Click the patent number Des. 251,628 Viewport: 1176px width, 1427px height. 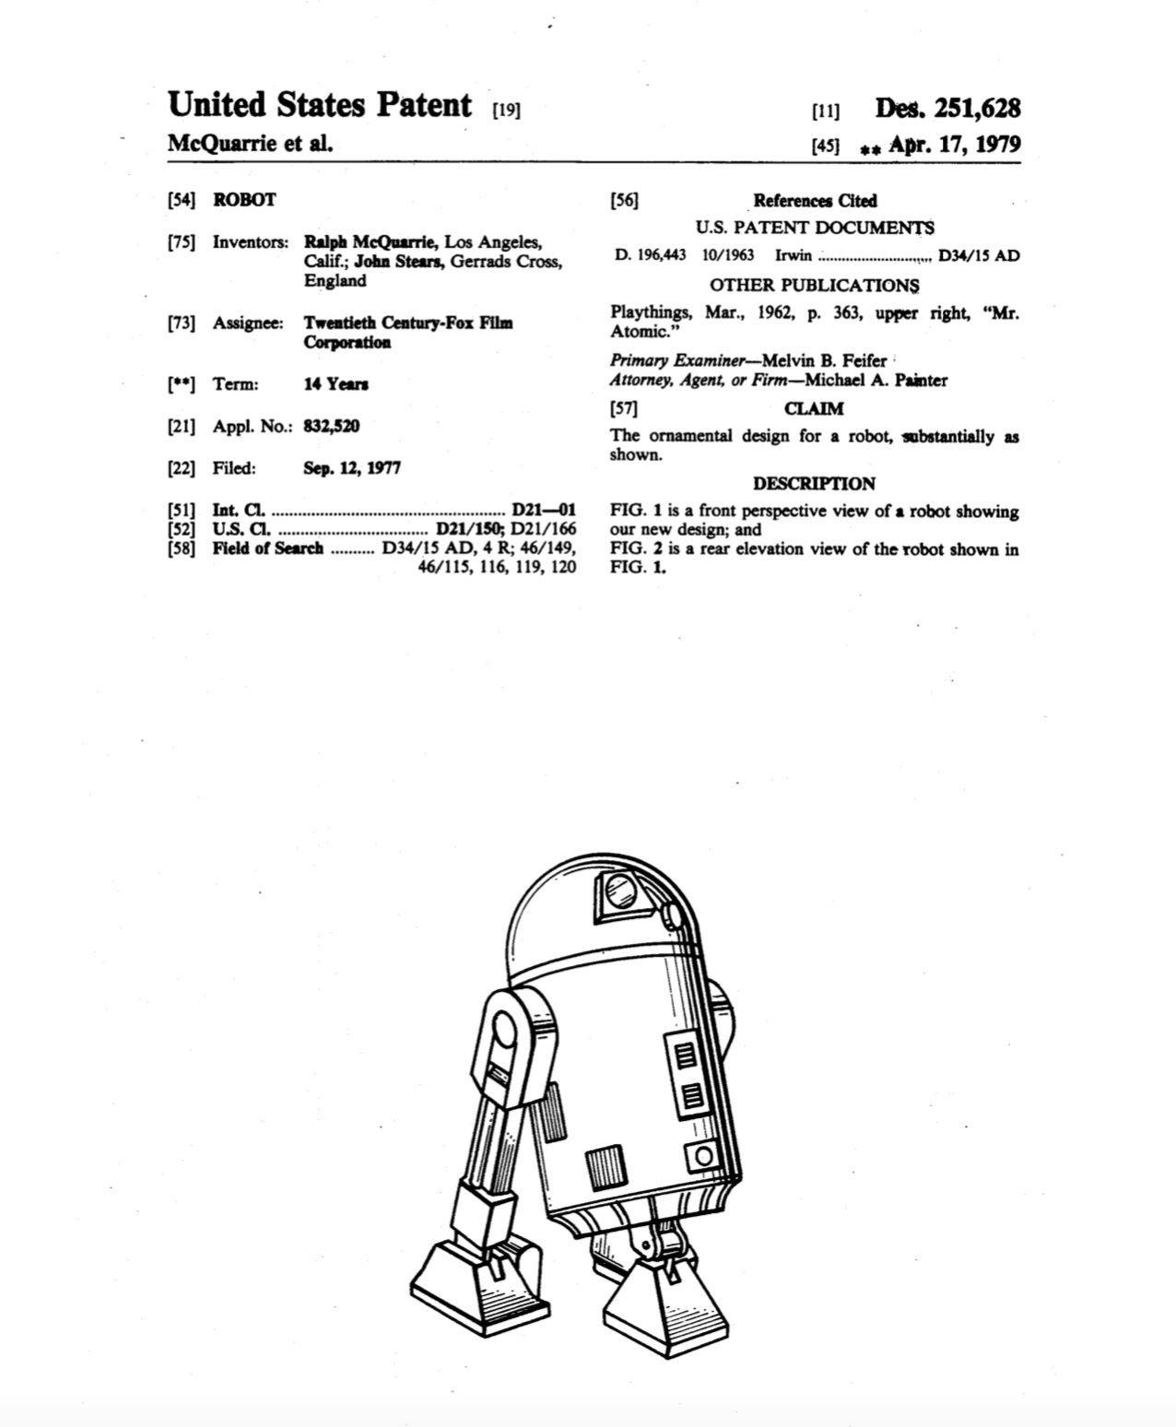pyautogui.click(x=947, y=109)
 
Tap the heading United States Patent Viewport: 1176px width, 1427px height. pyautogui.click(x=320, y=105)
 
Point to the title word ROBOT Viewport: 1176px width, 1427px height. pyautogui.click(x=244, y=199)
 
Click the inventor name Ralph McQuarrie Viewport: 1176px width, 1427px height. pyautogui.click(x=370, y=242)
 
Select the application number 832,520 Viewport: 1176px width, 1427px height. pyautogui.click(x=332, y=426)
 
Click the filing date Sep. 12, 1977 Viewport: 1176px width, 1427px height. pyautogui.click(x=352, y=467)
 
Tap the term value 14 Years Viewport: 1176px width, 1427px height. pyautogui.click(x=336, y=383)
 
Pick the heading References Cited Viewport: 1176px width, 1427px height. pyautogui.click(x=815, y=200)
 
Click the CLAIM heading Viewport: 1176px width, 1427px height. pyautogui.click(x=814, y=408)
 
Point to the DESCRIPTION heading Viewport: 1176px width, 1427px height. pyautogui.click(x=814, y=483)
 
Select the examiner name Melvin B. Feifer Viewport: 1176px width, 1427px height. pyautogui.click(x=824, y=360)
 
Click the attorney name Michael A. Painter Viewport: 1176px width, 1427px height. pyautogui.click(x=876, y=380)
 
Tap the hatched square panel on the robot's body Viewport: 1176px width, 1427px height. pyautogui.click(x=606, y=1169)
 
